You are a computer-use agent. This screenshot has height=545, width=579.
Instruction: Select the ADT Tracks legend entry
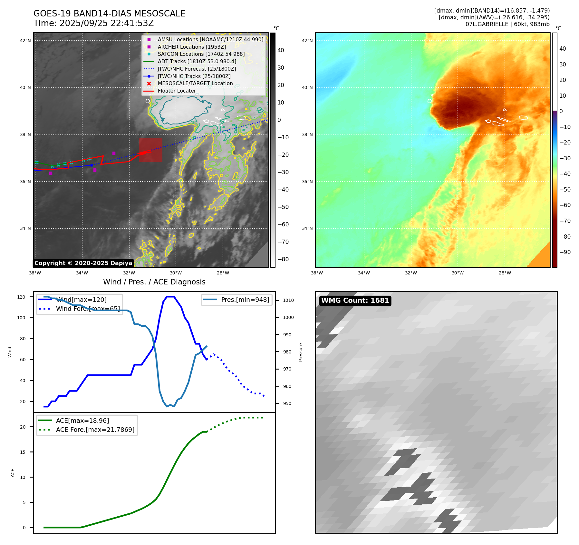click(x=197, y=61)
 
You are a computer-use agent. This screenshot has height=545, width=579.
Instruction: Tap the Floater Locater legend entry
click(x=177, y=91)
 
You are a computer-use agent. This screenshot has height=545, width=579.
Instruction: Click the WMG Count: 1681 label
click(x=355, y=301)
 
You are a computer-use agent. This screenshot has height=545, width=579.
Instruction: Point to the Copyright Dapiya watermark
click(x=83, y=263)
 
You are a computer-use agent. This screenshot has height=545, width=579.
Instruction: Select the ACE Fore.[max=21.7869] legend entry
click(x=95, y=430)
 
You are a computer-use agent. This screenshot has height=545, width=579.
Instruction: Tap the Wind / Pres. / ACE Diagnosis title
click(x=154, y=282)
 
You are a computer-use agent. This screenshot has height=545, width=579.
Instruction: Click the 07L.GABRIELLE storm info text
click(x=507, y=24)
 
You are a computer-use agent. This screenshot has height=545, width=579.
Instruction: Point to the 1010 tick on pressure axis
click(x=288, y=300)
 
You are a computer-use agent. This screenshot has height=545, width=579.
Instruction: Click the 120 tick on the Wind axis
click(x=21, y=297)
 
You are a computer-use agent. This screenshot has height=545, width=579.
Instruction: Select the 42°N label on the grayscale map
click(x=25, y=41)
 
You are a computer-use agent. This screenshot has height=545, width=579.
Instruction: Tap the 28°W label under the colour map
click(x=505, y=273)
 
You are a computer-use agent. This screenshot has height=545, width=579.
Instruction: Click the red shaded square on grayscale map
click(x=150, y=150)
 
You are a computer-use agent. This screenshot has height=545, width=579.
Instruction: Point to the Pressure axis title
click(x=301, y=352)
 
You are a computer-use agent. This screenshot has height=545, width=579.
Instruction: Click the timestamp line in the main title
click(x=93, y=23)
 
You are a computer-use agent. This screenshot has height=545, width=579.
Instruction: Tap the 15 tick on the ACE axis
click(x=23, y=452)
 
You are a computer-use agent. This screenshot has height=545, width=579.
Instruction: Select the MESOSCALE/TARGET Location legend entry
click(x=195, y=83)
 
